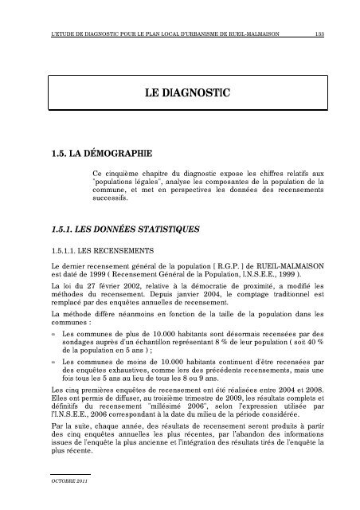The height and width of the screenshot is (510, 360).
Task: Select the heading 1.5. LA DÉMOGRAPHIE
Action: click(98, 152)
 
